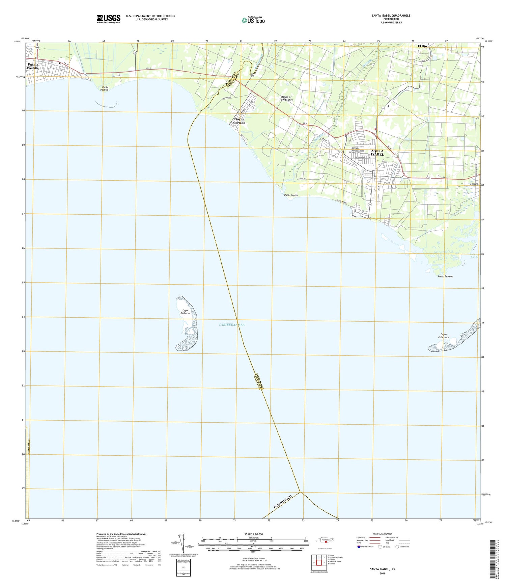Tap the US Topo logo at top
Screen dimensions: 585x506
[253, 20]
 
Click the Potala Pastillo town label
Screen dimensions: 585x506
[33, 66]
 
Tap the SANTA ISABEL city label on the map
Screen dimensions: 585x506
[377, 152]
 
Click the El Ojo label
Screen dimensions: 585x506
[422, 46]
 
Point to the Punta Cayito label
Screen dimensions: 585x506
[290, 195]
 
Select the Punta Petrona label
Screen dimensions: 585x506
[445, 276]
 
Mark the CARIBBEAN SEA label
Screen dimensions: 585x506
[231, 324]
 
